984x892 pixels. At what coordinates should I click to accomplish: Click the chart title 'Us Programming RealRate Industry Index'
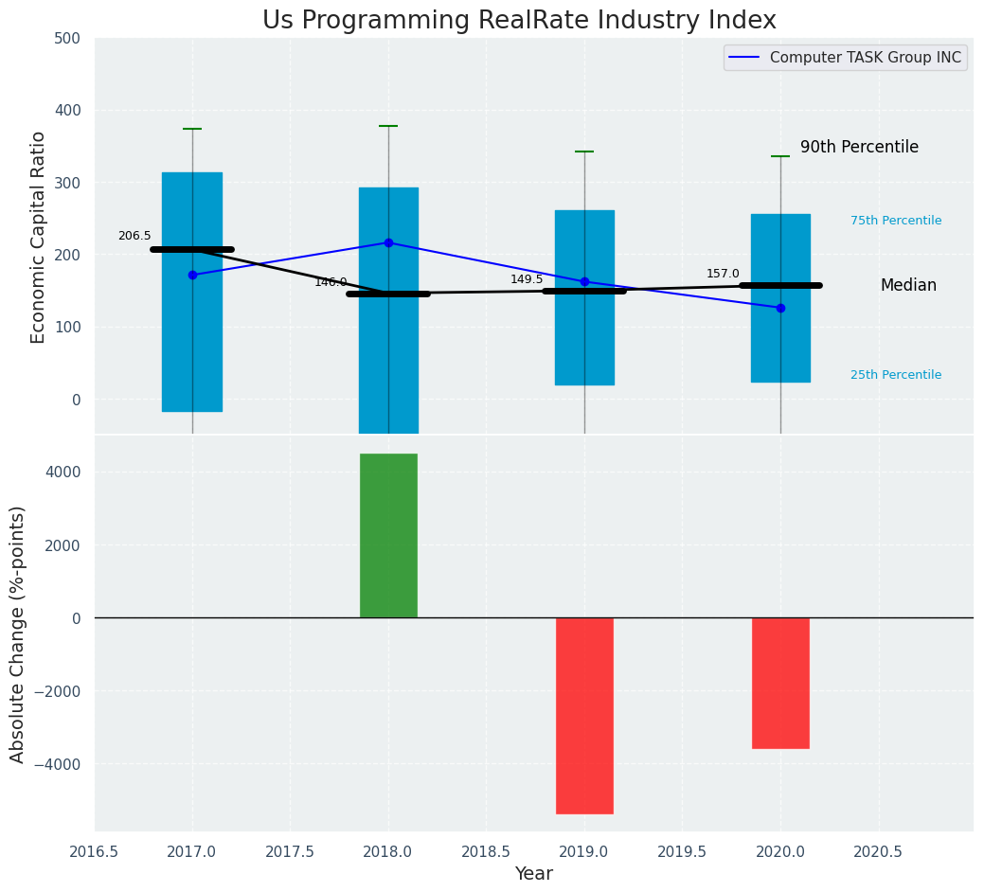519,21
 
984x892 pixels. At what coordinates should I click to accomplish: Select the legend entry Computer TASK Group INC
865,58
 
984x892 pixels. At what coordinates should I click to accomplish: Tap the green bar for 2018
388,536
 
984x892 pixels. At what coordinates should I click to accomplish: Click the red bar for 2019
584,716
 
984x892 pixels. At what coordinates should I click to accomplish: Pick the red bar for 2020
780,683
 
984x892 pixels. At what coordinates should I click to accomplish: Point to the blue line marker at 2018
388,242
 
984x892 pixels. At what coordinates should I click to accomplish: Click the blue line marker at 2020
780,308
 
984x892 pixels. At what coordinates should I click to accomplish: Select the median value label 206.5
134,236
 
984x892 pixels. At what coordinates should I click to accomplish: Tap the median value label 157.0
723,274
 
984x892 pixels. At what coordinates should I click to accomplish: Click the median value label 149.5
527,279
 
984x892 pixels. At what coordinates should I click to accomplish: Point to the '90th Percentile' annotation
859,148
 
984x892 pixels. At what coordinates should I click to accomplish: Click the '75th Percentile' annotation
896,221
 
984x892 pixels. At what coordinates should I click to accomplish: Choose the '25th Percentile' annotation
896,375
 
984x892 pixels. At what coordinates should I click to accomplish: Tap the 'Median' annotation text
908,286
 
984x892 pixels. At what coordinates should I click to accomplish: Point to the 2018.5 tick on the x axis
487,851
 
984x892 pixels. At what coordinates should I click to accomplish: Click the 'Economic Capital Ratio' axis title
39,237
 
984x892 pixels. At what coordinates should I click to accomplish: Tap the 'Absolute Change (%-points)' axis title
18,633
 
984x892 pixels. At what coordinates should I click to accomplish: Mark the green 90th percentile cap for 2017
192,129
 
